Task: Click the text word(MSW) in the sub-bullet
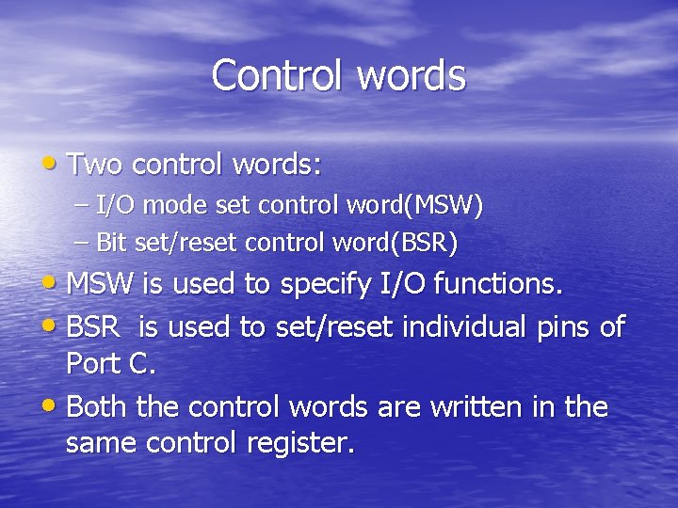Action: point(428,206)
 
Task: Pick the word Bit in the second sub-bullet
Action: point(112,244)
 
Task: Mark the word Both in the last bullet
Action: point(99,407)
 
